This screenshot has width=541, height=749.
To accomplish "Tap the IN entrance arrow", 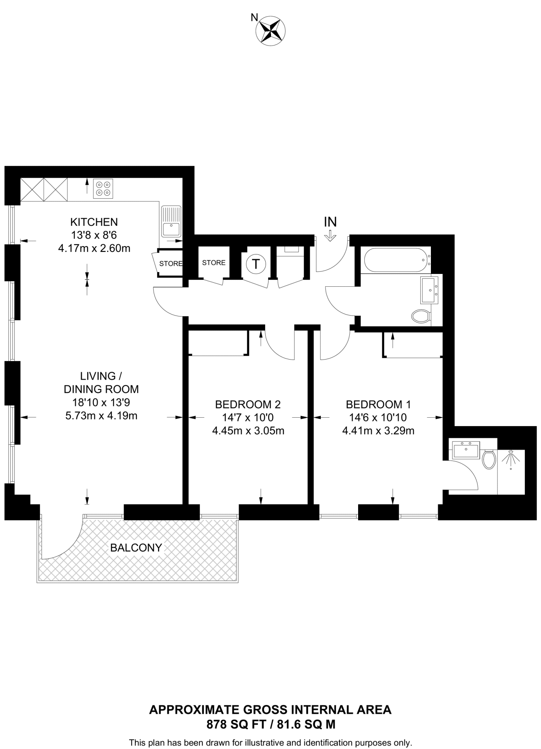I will click(x=330, y=236).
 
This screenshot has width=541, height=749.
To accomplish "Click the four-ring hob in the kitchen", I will click(x=103, y=189).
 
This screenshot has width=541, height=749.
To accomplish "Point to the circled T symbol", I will click(x=256, y=264).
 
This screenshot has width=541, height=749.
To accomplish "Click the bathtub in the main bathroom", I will click(x=395, y=260).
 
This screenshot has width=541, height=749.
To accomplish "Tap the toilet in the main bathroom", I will click(x=421, y=316).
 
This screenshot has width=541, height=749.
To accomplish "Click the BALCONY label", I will click(x=136, y=548).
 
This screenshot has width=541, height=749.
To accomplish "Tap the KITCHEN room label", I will click(x=94, y=222).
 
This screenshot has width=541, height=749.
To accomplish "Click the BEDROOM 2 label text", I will click(x=248, y=404).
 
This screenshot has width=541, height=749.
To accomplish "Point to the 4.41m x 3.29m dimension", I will click(x=378, y=431).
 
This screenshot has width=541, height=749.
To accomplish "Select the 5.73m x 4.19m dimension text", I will click(x=101, y=416).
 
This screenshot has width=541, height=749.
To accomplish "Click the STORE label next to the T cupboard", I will click(x=214, y=263).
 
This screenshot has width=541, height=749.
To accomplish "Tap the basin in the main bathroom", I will click(x=429, y=290).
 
